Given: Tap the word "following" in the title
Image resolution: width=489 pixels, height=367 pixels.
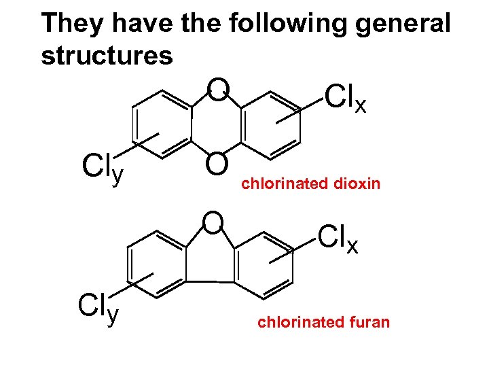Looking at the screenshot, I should click(x=290, y=24).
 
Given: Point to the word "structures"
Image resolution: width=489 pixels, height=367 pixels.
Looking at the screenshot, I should click(x=107, y=56).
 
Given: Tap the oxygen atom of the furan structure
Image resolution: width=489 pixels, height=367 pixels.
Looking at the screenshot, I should click(x=213, y=222).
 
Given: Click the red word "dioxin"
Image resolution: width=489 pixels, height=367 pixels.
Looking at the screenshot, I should click(x=356, y=183).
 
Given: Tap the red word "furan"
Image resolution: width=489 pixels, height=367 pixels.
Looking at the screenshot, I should click(x=369, y=322).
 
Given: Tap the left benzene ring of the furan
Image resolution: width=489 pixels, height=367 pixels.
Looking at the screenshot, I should click(x=157, y=264).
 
